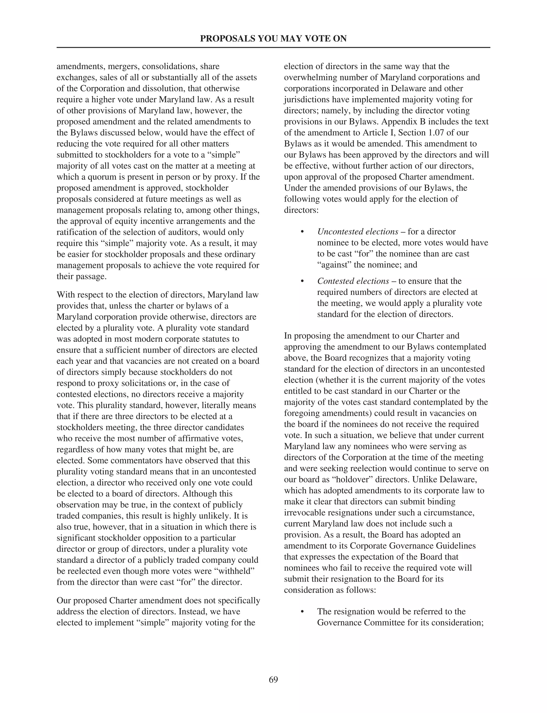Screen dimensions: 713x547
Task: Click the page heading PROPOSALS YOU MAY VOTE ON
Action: click(x=273, y=39)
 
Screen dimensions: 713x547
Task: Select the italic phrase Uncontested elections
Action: click(x=358, y=232)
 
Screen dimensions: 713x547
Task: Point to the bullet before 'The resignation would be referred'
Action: click(x=302, y=612)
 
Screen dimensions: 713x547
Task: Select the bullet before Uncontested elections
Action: click(x=302, y=232)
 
